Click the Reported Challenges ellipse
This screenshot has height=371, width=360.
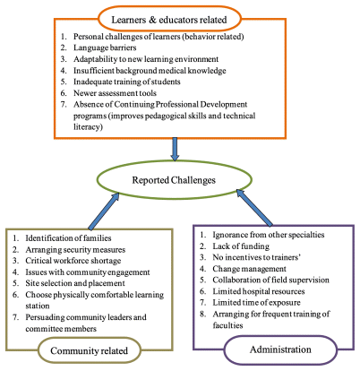point(175,161)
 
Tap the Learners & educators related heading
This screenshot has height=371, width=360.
point(169,20)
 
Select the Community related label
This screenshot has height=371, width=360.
point(89,350)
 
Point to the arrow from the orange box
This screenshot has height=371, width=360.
point(175,149)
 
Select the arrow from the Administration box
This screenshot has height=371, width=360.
point(254,207)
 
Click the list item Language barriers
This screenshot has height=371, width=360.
point(105,47)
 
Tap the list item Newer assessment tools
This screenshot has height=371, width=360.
point(115,93)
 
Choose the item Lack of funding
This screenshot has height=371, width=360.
point(241,246)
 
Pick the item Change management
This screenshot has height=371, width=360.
point(249,269)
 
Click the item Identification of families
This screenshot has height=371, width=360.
point(68,238)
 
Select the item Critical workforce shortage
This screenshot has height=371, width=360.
point(73,261)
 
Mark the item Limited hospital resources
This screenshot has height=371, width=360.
point(259,291)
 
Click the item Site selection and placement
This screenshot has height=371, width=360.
point(75,283)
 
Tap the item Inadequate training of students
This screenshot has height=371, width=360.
point(127,82)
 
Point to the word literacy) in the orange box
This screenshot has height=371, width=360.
point(88,127)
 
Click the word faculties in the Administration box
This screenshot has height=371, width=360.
point(227,325)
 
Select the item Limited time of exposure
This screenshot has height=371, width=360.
point(256,302)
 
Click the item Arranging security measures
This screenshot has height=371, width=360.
point(75,249)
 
